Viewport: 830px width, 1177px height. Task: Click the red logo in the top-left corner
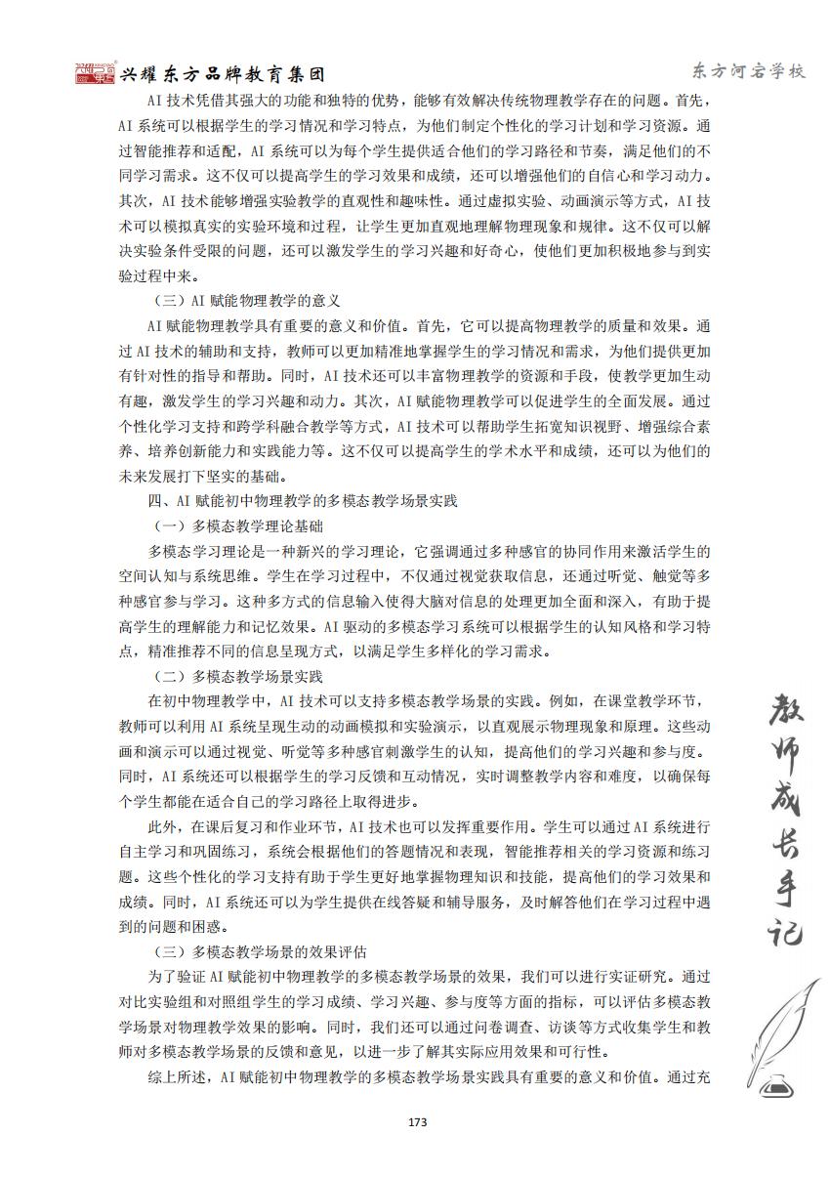click(x=95, y=74)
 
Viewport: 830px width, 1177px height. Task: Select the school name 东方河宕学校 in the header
click(x=747, y=71)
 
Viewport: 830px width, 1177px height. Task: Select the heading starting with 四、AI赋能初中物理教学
click(x=303, y=502)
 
